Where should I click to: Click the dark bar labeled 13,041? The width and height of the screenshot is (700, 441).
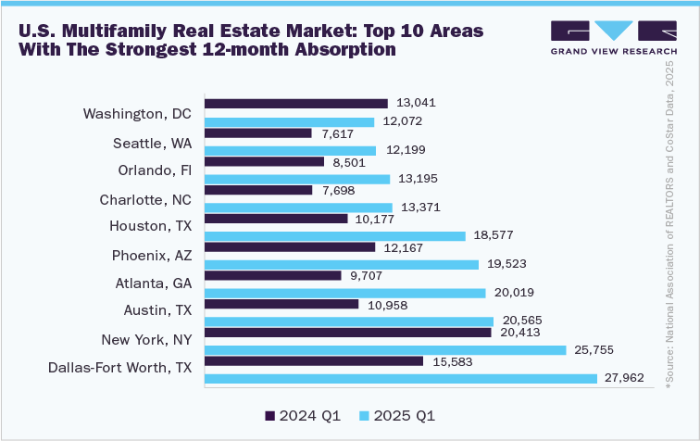click(295, 103)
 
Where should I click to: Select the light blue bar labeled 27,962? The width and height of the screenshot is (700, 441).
click(400, 378)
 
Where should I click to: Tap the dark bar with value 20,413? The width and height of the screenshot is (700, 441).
click(347, 332)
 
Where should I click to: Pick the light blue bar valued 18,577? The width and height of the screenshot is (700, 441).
click(334, 236)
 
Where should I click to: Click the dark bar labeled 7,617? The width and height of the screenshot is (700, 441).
click(257, 132)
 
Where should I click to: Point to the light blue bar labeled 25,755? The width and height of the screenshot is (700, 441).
click(384, 349)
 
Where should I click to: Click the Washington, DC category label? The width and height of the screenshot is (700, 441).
click(137, 114)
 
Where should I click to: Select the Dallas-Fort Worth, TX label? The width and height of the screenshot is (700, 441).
click(119, 368)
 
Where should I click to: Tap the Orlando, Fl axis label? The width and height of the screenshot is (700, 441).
click(155, 170)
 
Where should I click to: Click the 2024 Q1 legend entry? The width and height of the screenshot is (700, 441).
click(300, 415)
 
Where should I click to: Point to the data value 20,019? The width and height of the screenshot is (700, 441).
click(512, 293)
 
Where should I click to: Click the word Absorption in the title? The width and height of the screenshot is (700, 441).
click(343, 49)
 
